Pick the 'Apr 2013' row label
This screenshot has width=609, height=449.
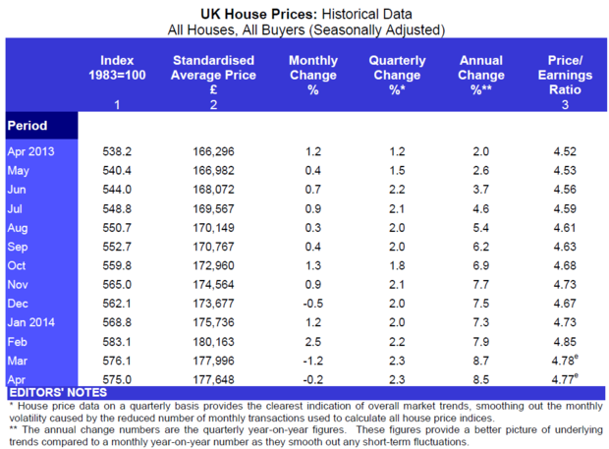coord(31,151)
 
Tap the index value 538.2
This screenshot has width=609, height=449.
coord(118,151)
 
